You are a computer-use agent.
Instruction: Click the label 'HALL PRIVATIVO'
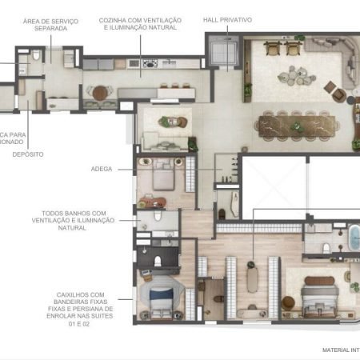point(227,19)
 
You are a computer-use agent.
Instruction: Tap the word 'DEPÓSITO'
point(28,154)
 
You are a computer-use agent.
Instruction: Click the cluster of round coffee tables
point(291,78)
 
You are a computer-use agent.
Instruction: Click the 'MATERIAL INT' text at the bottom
point(339,350)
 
